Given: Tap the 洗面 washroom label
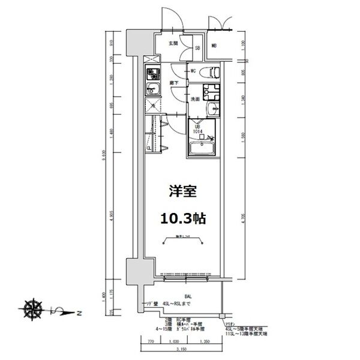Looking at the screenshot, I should click(195, 99).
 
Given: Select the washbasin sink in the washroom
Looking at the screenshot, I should click(212, 110).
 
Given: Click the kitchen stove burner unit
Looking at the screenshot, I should click(152, 74).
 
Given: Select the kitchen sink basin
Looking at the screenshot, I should click(152, 90).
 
